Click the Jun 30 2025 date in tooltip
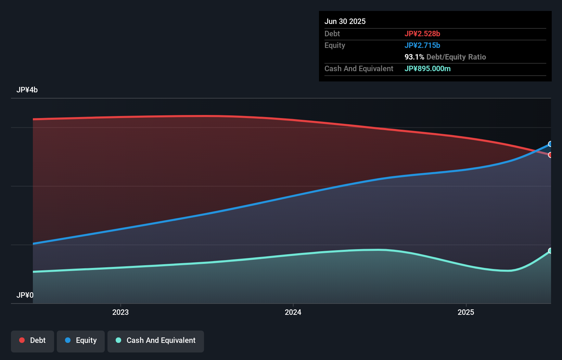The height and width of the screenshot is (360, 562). click(345, 21)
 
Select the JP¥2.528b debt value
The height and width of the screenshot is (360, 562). click(422, 34)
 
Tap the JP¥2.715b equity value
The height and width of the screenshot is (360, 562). click(422, 45)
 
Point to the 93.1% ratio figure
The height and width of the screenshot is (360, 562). click(414, 57)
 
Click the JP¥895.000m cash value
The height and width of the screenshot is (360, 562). click(427, 68)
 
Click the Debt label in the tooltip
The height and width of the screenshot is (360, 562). click(332, 34)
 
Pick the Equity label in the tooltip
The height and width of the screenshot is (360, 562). click(334, 45)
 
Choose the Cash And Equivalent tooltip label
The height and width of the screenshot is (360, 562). click(359, 68)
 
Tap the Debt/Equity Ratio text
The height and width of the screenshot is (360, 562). click(456, 57)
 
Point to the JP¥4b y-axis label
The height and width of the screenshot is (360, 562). click(27, 90)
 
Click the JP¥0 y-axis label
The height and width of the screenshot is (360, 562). click(25, 295)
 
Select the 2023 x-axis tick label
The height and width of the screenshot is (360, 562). click(120, 312)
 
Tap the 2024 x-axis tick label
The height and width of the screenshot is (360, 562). click(293, 312)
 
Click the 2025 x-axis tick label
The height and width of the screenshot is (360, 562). click(466, 312)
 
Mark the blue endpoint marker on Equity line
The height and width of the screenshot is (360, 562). click(550, 144)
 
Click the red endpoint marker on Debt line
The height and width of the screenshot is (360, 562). click(550, 155)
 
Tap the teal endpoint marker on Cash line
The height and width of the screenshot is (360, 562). click(550, 251)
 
